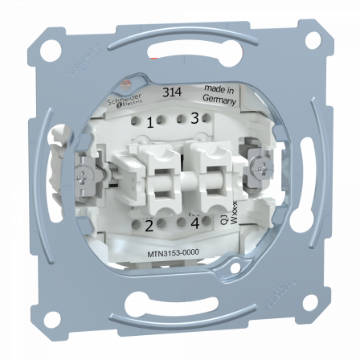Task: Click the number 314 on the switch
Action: (170, 92)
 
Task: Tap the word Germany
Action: (219, 101)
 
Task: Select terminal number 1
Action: (150, 123)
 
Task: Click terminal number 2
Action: (149, 227)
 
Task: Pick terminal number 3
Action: (194, 119)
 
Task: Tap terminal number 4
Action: (194, 224)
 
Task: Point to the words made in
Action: (219, 91)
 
